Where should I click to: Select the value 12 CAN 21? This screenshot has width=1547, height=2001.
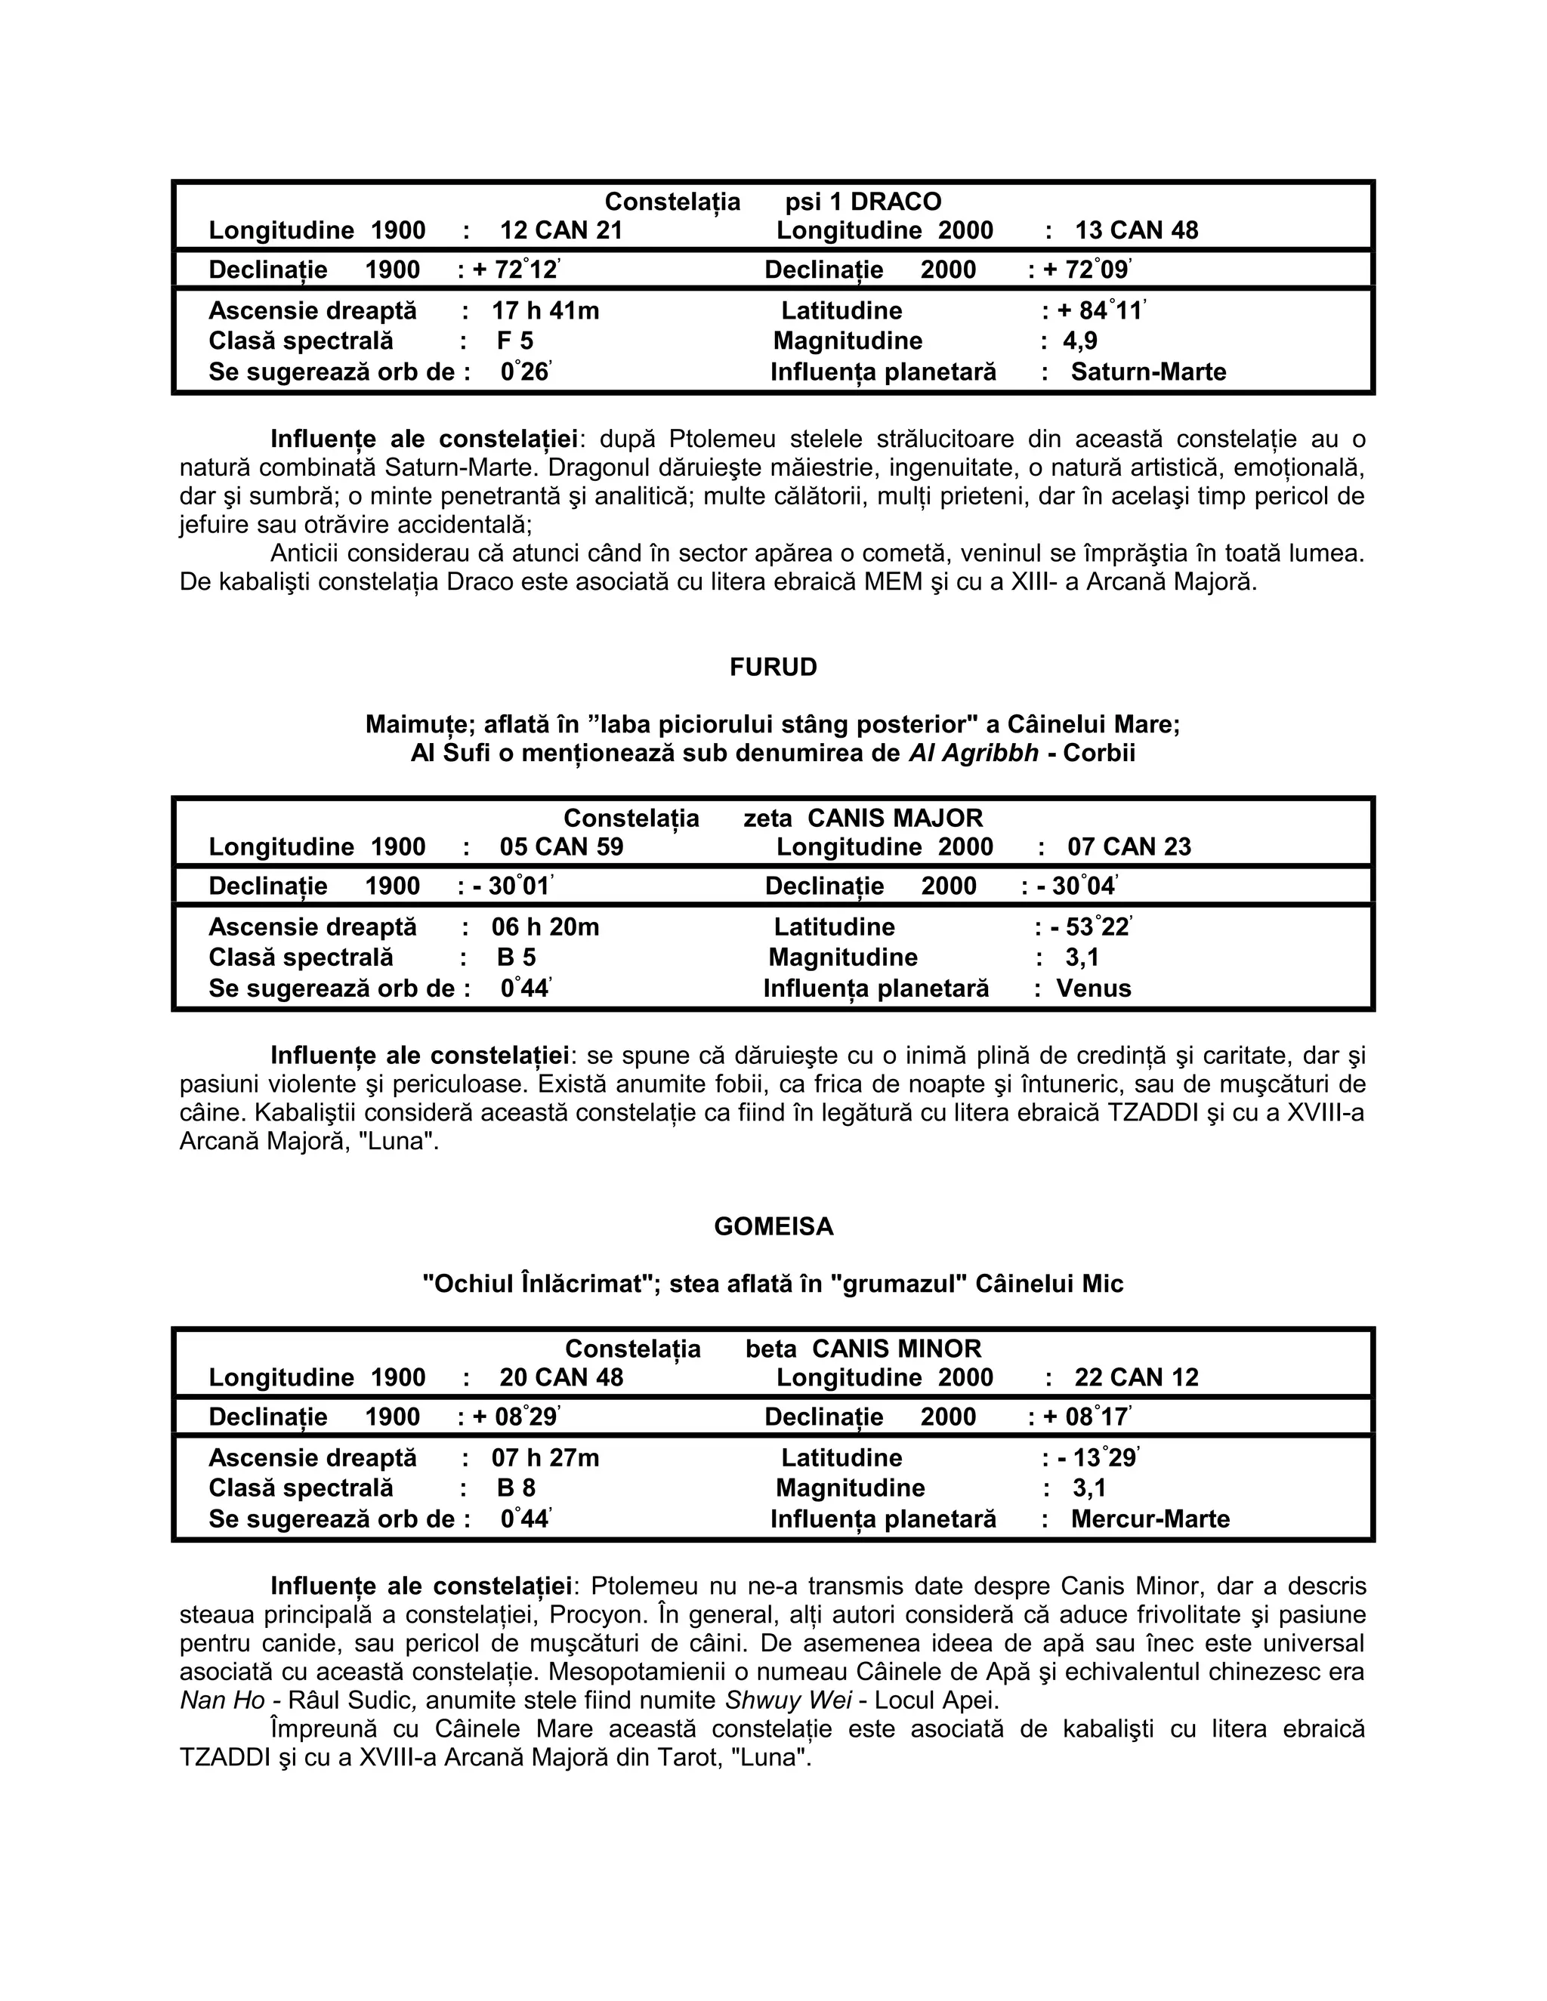561,231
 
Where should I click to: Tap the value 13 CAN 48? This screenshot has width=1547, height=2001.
1135,231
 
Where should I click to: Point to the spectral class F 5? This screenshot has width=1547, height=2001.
514,341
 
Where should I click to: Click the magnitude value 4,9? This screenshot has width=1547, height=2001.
1079,341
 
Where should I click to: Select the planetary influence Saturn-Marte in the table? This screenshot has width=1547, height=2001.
1147,372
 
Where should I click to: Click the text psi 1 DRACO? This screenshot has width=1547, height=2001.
863,202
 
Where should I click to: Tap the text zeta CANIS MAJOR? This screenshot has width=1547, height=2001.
863,819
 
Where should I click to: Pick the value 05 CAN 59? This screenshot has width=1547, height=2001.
561,846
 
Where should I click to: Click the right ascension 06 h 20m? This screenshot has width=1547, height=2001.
545,927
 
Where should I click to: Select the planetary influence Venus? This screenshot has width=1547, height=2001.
1092,988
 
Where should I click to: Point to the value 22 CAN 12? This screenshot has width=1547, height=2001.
1135,1377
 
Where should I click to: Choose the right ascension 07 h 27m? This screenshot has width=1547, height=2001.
545,1457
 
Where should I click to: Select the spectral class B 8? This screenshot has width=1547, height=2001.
515,1488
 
